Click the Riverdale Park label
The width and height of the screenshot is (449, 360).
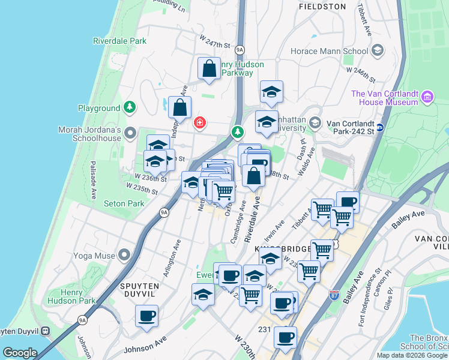click(120, 41)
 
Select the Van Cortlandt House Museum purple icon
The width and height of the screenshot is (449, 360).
click(427, 97)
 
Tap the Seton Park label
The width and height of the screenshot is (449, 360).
click(124, 203)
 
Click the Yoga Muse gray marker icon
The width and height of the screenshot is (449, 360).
click(124, 255)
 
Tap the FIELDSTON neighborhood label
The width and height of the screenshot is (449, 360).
click(322, 7)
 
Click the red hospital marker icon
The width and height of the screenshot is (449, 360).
click(200, 123)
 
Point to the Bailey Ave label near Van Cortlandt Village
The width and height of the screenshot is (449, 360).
click(408, 218)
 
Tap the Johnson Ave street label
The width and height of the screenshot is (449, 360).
click(144, 346)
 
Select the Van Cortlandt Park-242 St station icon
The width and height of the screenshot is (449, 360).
click(380, 125)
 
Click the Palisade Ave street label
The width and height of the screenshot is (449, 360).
click(94, 180)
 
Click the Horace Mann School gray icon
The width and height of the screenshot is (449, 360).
click(378, 51)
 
